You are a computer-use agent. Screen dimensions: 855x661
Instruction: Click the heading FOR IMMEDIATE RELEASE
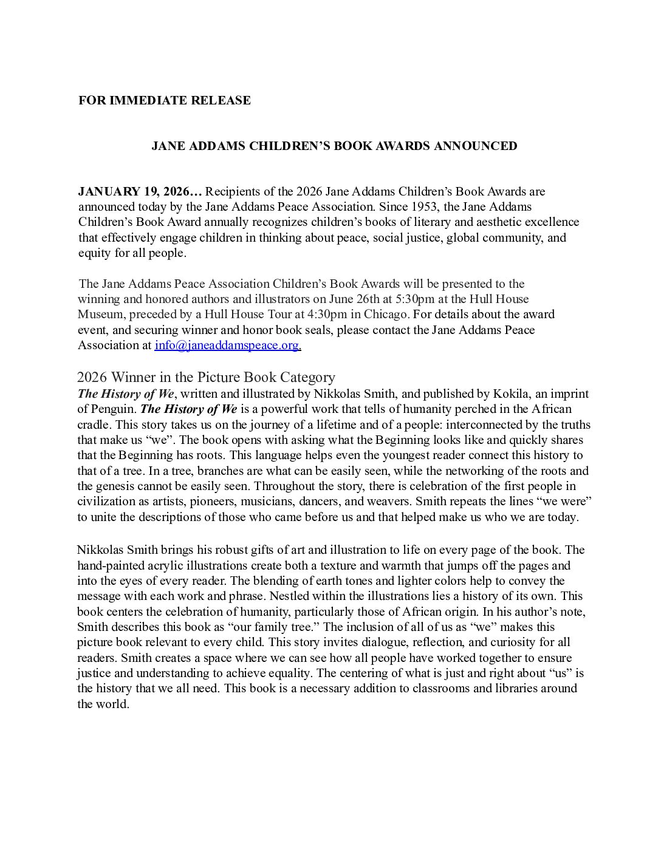(x=164, y=100)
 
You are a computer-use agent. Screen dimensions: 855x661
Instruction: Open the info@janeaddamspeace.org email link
(x=228, y=345)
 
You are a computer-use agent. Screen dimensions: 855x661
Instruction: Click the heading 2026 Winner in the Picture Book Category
(x=206, y=377)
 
